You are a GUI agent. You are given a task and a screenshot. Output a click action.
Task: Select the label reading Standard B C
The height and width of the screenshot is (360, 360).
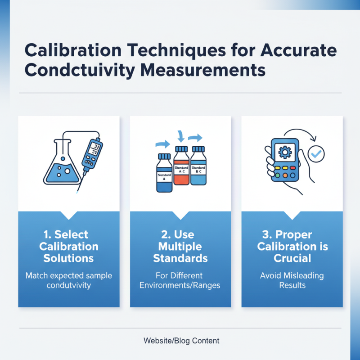pos(198,171)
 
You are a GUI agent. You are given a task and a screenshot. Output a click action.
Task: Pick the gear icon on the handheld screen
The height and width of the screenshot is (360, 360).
pos(284,152)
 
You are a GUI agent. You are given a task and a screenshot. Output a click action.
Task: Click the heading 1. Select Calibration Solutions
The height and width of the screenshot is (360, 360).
pos(69,246)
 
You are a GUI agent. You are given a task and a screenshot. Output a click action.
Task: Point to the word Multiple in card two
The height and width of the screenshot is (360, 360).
pos(180,246)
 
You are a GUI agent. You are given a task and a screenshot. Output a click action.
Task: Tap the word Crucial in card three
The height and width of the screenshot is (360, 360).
pos(292,258)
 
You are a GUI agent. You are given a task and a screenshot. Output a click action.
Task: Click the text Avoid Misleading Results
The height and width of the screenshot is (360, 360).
pos(292,280)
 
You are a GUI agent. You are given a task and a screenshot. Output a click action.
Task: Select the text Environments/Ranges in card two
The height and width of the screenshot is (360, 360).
pos(180,285)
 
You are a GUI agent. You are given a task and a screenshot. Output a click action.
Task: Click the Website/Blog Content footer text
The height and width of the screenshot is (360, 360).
pos(181,341)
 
